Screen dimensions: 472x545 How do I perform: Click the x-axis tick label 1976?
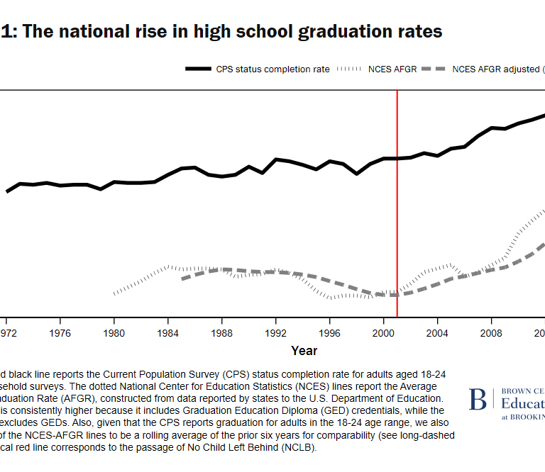60,332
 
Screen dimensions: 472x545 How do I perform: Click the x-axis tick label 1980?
114,332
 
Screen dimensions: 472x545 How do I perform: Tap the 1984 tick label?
168,332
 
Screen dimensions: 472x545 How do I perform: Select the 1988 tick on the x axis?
222,332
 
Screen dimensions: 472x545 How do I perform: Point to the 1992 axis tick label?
276,332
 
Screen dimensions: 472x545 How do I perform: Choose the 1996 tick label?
330,332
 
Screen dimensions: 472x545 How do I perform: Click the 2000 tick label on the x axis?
384,332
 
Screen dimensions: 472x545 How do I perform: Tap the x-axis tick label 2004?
438,332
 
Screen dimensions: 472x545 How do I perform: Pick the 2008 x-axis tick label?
492,332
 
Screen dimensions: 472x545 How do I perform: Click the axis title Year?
304,350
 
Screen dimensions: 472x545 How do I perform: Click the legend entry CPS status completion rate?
272,69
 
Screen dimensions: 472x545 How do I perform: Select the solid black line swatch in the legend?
198,69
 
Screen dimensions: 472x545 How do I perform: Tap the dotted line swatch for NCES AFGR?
349,69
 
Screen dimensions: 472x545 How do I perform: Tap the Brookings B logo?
478,400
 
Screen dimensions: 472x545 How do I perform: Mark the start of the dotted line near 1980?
114,293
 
